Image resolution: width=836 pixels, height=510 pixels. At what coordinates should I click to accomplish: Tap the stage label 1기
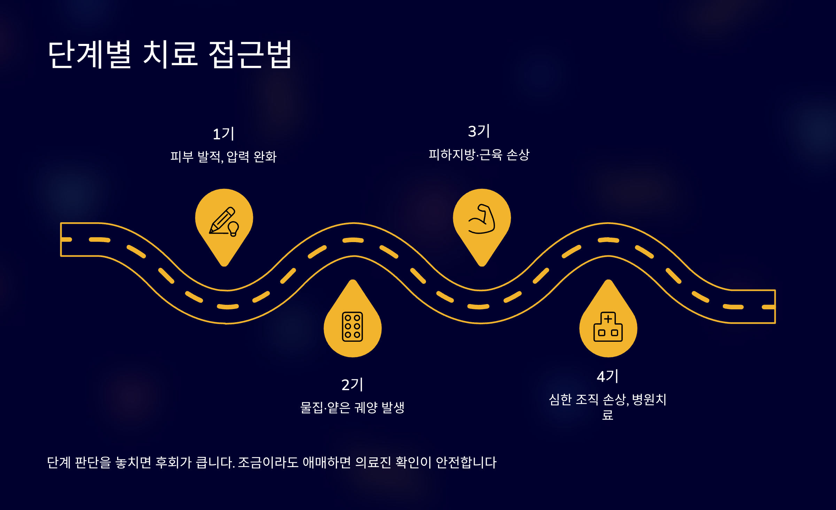coord(223,134)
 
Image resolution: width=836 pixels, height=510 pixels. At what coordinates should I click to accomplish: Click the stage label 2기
coord(352,385)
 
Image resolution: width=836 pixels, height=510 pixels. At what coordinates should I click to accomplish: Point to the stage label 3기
coord(479,131)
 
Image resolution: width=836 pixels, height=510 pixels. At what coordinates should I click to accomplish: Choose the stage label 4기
coord(607,377)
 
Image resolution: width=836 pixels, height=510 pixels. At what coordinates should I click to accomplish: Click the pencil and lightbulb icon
coord(224,222)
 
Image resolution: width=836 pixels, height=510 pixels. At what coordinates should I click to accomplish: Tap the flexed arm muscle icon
coord(482,219)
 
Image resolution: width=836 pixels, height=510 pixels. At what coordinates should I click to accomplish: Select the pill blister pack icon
coord(353,327)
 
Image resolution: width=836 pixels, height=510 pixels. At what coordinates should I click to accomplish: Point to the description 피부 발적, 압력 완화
coord(223,157)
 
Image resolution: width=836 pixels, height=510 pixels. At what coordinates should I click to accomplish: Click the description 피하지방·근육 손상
coord(479,155)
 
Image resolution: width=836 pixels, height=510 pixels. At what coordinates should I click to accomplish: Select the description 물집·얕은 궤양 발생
coord(352,407)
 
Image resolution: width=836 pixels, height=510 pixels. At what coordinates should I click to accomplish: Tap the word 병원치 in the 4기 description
coord(649,400)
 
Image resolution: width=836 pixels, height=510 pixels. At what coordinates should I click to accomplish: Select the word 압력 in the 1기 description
coord(238,157)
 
